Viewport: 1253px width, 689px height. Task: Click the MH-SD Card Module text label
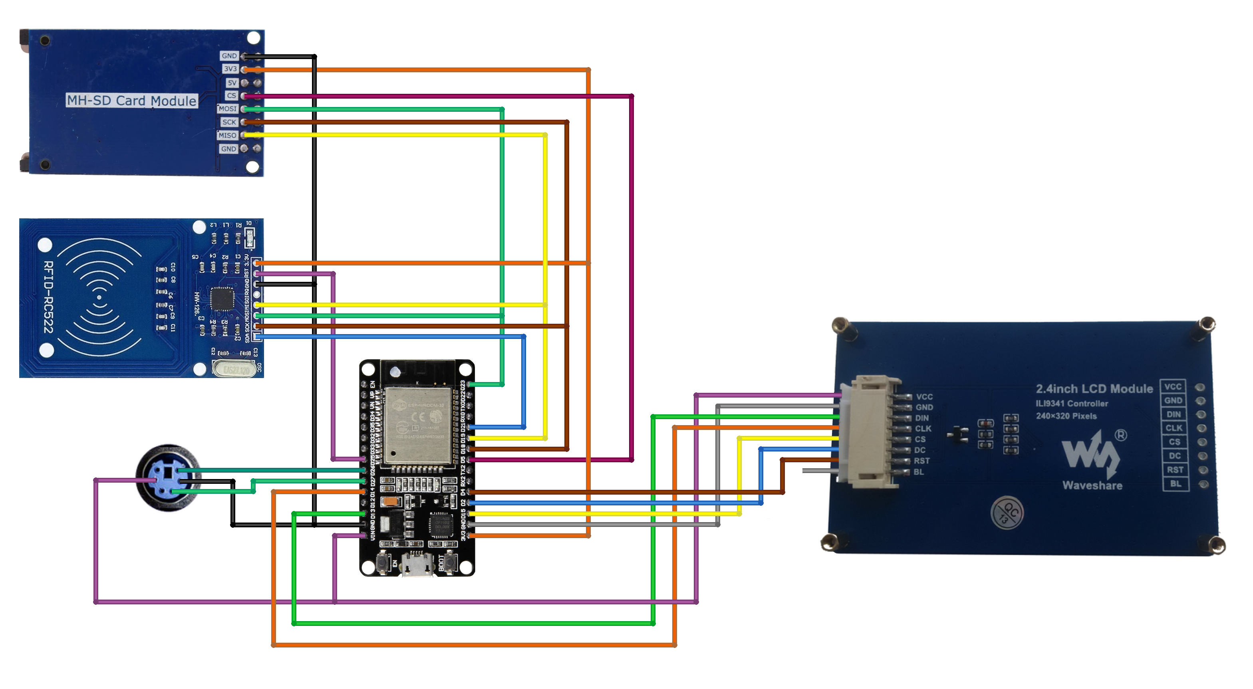point(132,101)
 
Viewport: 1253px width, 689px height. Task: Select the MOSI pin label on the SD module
point(228,109)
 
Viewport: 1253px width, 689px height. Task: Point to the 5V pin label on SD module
point(232,83)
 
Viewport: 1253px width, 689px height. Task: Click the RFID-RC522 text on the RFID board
point(48,297)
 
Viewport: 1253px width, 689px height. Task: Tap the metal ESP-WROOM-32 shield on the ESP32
point(417,424)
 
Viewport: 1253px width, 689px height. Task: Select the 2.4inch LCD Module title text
point(1094,389)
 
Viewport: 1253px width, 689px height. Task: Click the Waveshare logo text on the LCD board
point(1092,485)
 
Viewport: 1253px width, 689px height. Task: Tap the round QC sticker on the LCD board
point(1007,512)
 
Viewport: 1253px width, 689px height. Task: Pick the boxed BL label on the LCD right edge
point(1175,484)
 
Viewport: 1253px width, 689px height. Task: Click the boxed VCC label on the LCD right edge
point(1173,386)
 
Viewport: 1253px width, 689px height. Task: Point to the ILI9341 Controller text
point(1072,404)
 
